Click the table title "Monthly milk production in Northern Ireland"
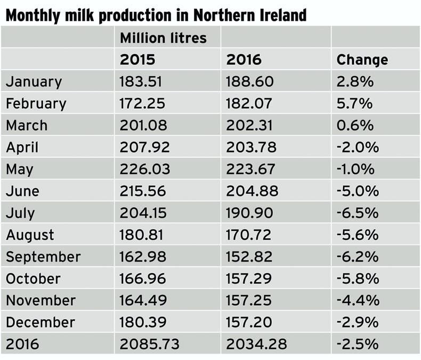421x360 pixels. [x=156, y=15]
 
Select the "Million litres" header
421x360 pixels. [x=163, y=38]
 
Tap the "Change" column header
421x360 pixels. [x=362, y=60]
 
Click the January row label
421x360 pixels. [x=34, y=81]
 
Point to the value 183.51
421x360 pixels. [x=141, y=81]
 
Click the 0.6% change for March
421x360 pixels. [x=355, y=125]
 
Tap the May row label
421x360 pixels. [x=20, y=169]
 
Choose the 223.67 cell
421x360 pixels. [x=250, y=169]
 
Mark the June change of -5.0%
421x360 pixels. [x=357, y=191]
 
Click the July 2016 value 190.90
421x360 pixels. [x=249, y=213]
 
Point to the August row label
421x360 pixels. [x=30, y=235]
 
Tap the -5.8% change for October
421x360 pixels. [x=357, y=279]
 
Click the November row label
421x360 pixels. [x=41, y=300]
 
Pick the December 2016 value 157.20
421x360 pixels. [x=249, y=322]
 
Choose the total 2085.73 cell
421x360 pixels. [x=147, y=344]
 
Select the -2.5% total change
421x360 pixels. [x=357, y=344]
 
